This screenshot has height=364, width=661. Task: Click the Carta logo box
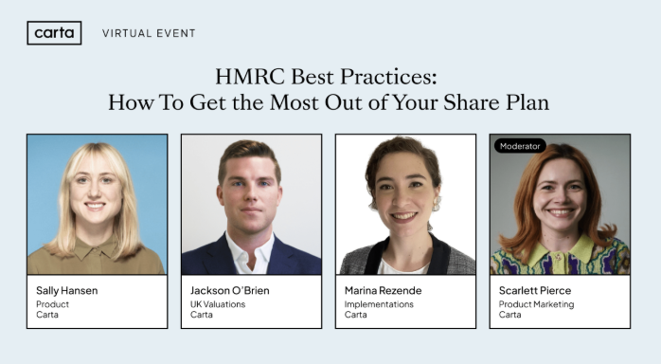click(54, 33)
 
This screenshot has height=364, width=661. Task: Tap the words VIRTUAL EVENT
click(149, 33)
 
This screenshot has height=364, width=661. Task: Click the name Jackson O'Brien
click(230, 290)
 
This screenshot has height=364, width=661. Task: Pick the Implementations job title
click(379, 304)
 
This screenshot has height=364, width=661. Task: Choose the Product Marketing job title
click(536, 304)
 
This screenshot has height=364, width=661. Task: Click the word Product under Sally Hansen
click(53, 304)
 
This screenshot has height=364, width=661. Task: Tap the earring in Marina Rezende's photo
click(437, 204)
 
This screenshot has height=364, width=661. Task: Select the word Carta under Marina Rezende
click(355, 315)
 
